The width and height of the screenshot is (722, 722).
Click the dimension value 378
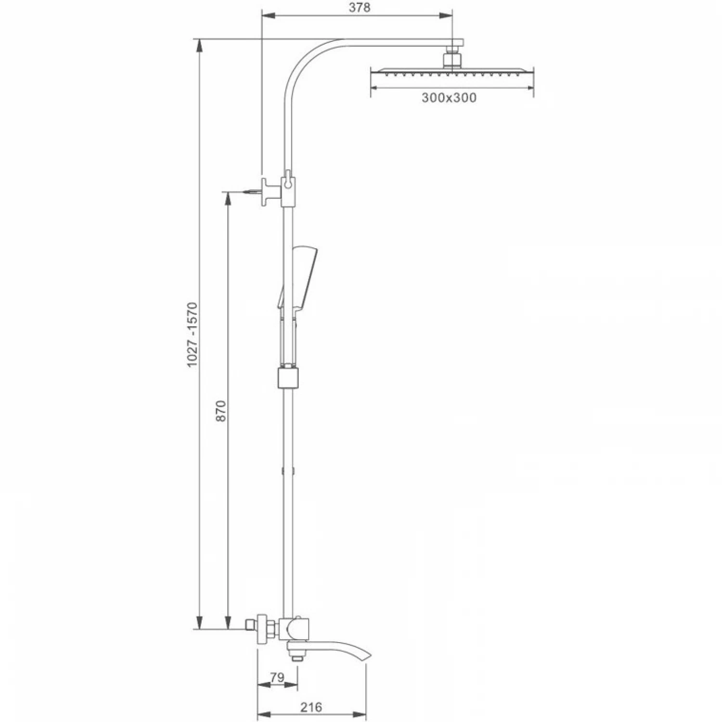360,8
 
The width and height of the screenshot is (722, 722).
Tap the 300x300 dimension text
449,98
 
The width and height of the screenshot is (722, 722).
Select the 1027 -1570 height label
192,335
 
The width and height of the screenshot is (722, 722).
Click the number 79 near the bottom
277,677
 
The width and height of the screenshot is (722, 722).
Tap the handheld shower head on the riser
296,277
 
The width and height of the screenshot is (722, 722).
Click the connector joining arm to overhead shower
452,57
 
